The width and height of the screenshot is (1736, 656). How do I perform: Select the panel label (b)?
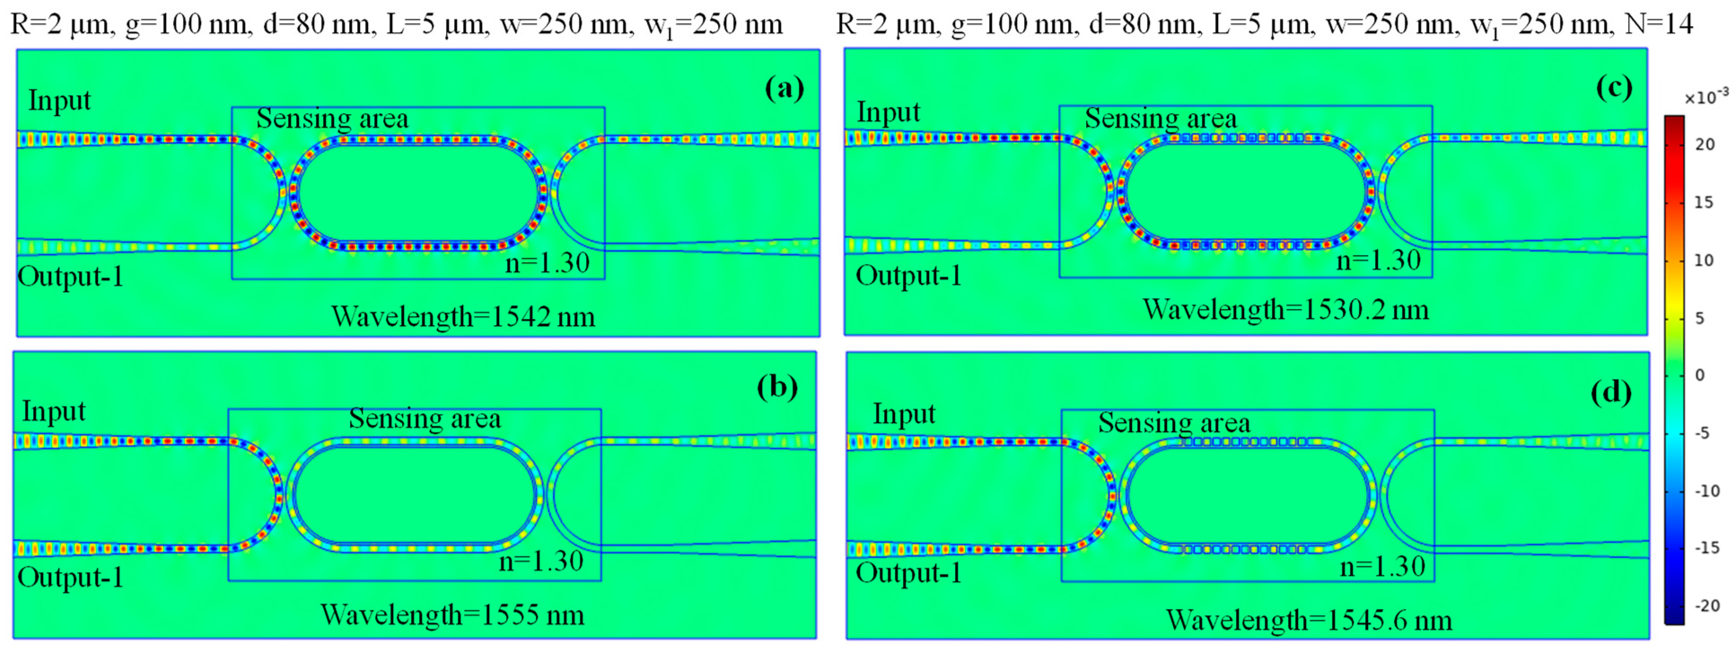pyautogui.click(x=777, y=387)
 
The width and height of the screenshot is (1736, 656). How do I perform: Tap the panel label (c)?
pyautogui.click(x=1614, y=88)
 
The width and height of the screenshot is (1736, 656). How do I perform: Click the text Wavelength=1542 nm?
pyautogui.click(x=463, y=316)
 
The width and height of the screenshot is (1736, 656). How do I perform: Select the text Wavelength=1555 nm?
pyautogui.click(x=452, y=615)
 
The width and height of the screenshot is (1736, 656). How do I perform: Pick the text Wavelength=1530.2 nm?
pyautogui.click(x=1286, y=309)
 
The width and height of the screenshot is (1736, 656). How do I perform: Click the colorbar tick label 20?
pyautogui.click(x=1704, y=144)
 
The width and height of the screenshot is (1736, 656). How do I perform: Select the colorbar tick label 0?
pyautogui.click(x=1700, y=375)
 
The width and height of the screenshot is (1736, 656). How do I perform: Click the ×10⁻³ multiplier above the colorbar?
pyautogui.click(x=1705, y=98)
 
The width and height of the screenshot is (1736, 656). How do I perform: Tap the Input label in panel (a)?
pyautogui.click(x=59, y=101)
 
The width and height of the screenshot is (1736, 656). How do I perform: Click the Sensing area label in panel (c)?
pyautogui.click(x=1161, y=119)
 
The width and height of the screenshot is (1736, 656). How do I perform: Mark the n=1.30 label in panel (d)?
pyautogui.click(x=1382, y=566)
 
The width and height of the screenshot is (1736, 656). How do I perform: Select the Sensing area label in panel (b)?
pyautogui.click(x=425, y=418)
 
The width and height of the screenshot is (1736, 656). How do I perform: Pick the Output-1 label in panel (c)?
pyautogui.click(x=908, y=276)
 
